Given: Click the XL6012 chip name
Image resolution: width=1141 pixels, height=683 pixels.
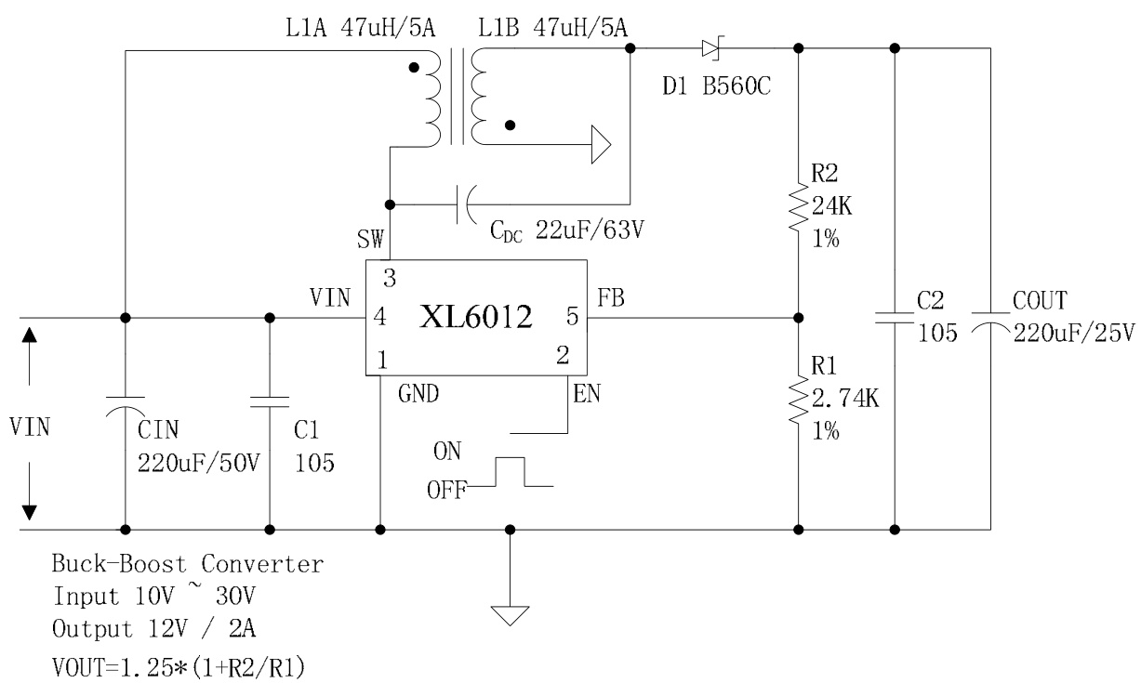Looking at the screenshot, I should tap(477, 319).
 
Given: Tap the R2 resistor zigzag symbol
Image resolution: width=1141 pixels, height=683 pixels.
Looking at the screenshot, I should tap(798, 206).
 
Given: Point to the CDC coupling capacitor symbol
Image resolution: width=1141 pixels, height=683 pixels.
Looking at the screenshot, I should tap(463, 204).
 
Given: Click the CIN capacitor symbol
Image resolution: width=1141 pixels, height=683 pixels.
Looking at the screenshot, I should tap(125, 409).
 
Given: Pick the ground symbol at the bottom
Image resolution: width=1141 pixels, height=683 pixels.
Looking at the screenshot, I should tap(510, 615).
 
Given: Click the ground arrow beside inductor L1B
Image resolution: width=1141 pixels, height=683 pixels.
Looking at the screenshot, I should tap(600, 145).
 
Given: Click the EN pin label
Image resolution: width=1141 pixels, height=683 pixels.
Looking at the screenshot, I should tap(587, 394).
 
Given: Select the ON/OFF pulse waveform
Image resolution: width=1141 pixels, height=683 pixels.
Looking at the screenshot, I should tap(510, 473).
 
